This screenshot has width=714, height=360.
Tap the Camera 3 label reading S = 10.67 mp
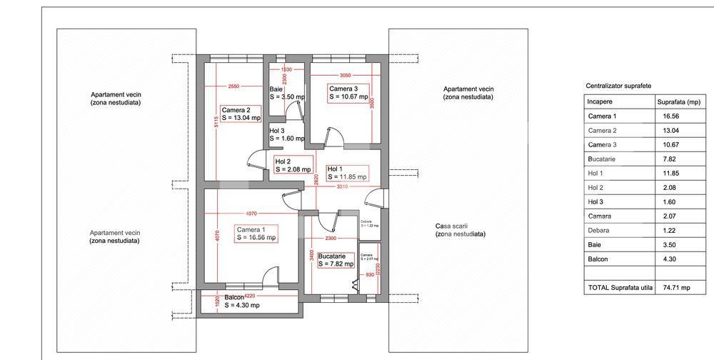[x=348, y=92]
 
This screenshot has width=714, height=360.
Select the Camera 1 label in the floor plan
[x=256, y=234]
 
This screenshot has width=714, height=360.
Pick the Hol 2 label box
[x=293, y=166]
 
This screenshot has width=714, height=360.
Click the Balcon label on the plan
[x=241, y=301]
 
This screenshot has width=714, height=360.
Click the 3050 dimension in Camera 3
[x=345, y=74]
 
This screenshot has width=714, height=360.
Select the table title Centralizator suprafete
[x=617, y=85]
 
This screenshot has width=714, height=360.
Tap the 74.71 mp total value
[x=674, y=287]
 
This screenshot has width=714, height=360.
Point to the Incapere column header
[x=600, y=101]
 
